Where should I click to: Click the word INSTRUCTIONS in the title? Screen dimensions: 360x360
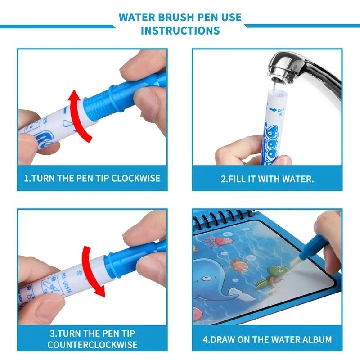(180, 31)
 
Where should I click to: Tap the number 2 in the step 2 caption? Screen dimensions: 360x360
(223, 178)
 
